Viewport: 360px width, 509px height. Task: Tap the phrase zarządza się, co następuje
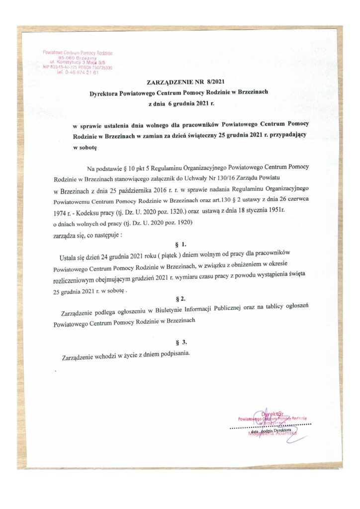(x=87, y=234)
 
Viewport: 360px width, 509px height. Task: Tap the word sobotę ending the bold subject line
(x=85, y=148)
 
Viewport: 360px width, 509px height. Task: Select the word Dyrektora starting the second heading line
(x=106, y=93)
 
